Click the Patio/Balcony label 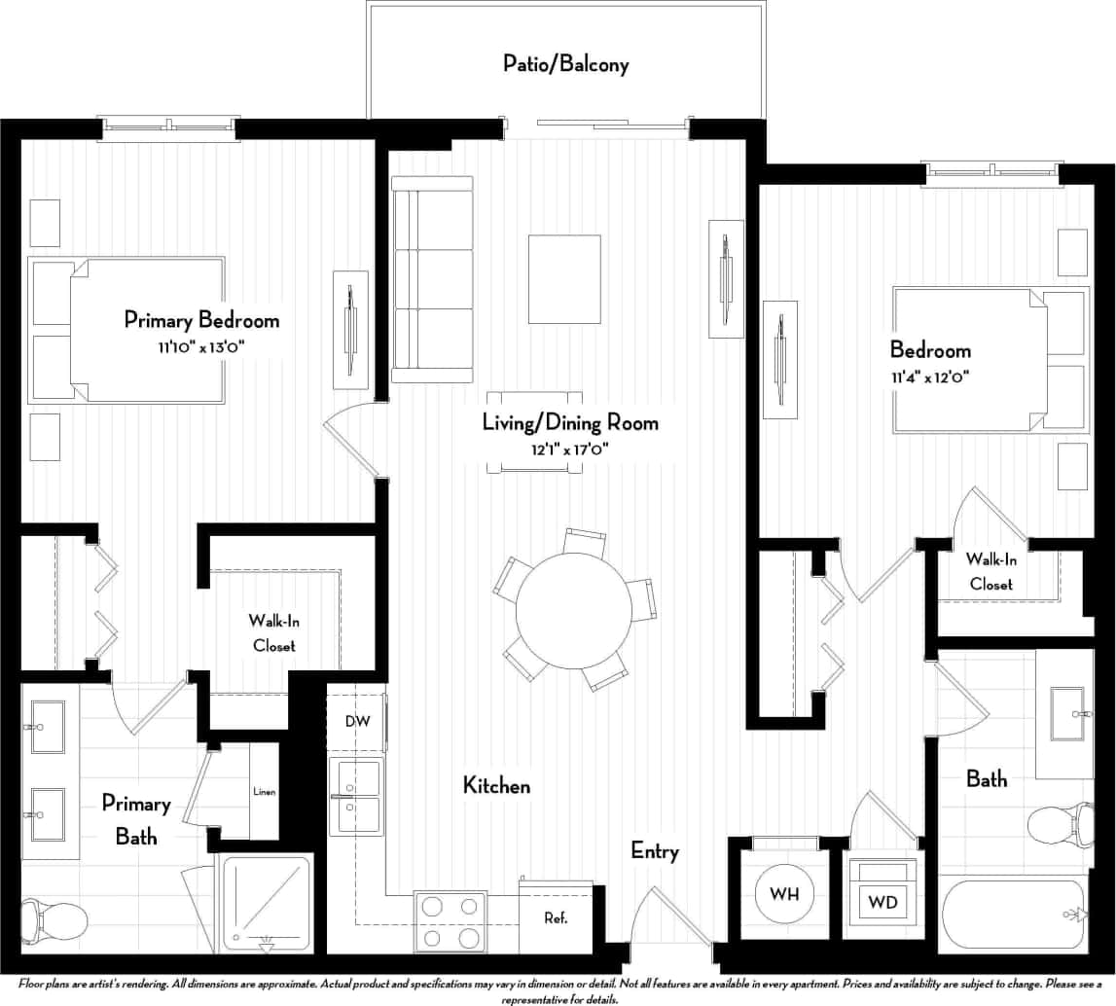click(x=565, y=64)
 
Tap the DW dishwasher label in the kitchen click(x=355, y=721)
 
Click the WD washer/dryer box click(x=883, y=902)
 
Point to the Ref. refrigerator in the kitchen click(x=556, y=917)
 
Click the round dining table click(x=573, y=610)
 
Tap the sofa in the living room click(x=431, y=279)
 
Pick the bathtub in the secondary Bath click(x=1012, y=915)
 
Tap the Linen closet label click(x=264, y=791)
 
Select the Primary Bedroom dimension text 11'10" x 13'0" click(x=201, y=345)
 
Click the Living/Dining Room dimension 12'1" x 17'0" click(x=570, y=449)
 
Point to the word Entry click(x=654, y=851)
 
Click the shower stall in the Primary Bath click(x=266, y=901)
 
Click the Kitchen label click(x=496, y=785)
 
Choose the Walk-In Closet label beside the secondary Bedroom click(x=990, y=572)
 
